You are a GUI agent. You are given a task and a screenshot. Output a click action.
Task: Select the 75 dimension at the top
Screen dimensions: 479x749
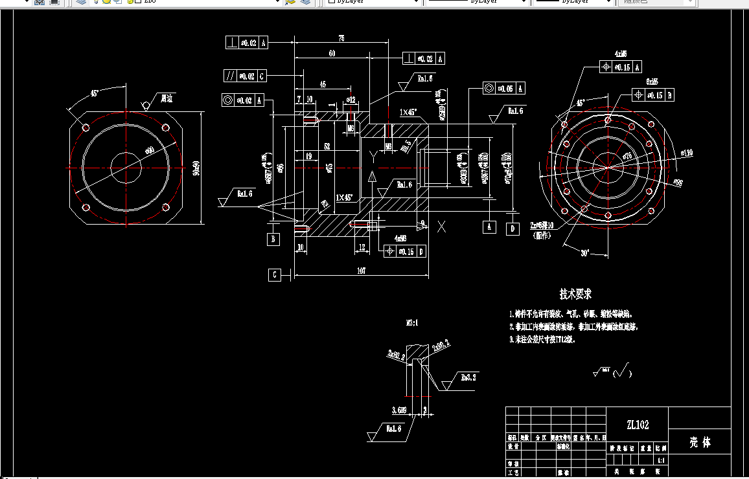pyautogui.click(x=341, y=39)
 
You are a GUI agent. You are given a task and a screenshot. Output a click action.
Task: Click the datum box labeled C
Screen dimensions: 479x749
pyautogui.click(x=275, y=275)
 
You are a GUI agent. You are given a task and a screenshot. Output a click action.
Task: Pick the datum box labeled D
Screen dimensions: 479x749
pyautogui.click(x=513, y=228)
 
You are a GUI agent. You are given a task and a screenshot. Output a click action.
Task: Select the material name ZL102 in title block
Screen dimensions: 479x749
pyautogui.click(x=637, y=425)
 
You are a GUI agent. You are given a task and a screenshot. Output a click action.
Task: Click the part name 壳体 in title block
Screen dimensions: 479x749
pyautogui.click(x=699, y=443)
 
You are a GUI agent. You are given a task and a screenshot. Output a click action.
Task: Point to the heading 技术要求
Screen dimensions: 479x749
pyautogui.click(x=575, y=294)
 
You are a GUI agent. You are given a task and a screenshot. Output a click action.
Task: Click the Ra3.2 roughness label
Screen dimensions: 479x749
pyautogui.click(x=468, y=377)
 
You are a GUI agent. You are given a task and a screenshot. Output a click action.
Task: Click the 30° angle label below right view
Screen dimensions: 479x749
pyautogui.click(x=585, y=253)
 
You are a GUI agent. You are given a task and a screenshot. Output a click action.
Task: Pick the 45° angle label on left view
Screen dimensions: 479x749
pyautogui.click(x=95, y=93)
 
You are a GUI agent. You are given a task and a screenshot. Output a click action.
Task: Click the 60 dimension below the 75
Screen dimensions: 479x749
pyautogui.click(x=332, y=54)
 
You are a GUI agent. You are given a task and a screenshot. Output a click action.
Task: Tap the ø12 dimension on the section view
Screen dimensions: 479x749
pyautogui.click(x=351, y=100)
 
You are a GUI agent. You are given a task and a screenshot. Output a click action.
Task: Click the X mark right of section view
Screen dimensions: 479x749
pyautogui.click(x=442, y=227)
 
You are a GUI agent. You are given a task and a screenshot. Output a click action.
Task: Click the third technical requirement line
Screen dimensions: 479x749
pyautogui.click(x=542, y=339)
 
